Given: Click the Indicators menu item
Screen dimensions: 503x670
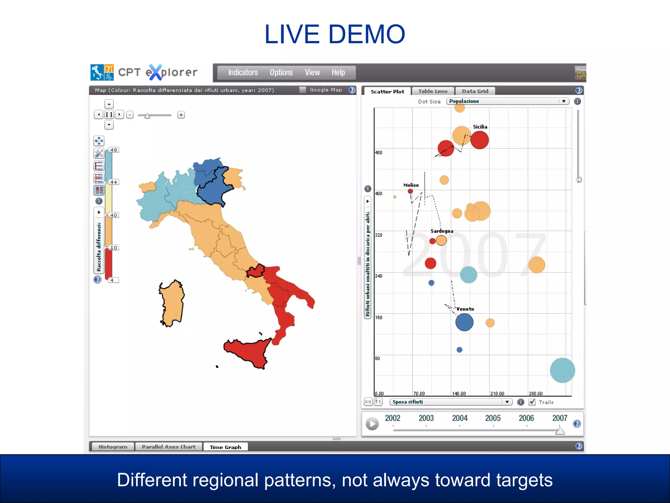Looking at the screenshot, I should point(243,72).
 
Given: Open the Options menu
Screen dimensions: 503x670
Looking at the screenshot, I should point(281,72).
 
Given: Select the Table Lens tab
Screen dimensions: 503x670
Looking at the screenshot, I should point(432,91).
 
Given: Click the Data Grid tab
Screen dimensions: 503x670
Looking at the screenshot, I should point(475,91).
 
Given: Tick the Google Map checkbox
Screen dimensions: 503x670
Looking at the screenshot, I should point(303,90).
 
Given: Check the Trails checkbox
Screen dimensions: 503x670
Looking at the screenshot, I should point(532,402).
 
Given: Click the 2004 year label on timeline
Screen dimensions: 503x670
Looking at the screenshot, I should point(460,418).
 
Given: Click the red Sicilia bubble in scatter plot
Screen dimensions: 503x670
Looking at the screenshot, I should point(480,140).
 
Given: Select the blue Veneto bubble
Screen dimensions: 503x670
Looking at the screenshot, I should point(464,322).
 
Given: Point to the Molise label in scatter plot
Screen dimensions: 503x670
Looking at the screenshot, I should point(411,185).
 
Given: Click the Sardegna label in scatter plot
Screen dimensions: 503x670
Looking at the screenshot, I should point(442,231).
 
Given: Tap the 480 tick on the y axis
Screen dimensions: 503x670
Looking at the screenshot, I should point(379,153).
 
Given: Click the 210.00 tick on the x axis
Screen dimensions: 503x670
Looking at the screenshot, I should point(497,393).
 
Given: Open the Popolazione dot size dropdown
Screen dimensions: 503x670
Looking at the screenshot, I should point(507,101).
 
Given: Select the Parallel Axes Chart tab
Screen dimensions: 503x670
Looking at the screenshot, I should point(168,447).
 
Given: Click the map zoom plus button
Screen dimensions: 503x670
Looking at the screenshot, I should point(181,115).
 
